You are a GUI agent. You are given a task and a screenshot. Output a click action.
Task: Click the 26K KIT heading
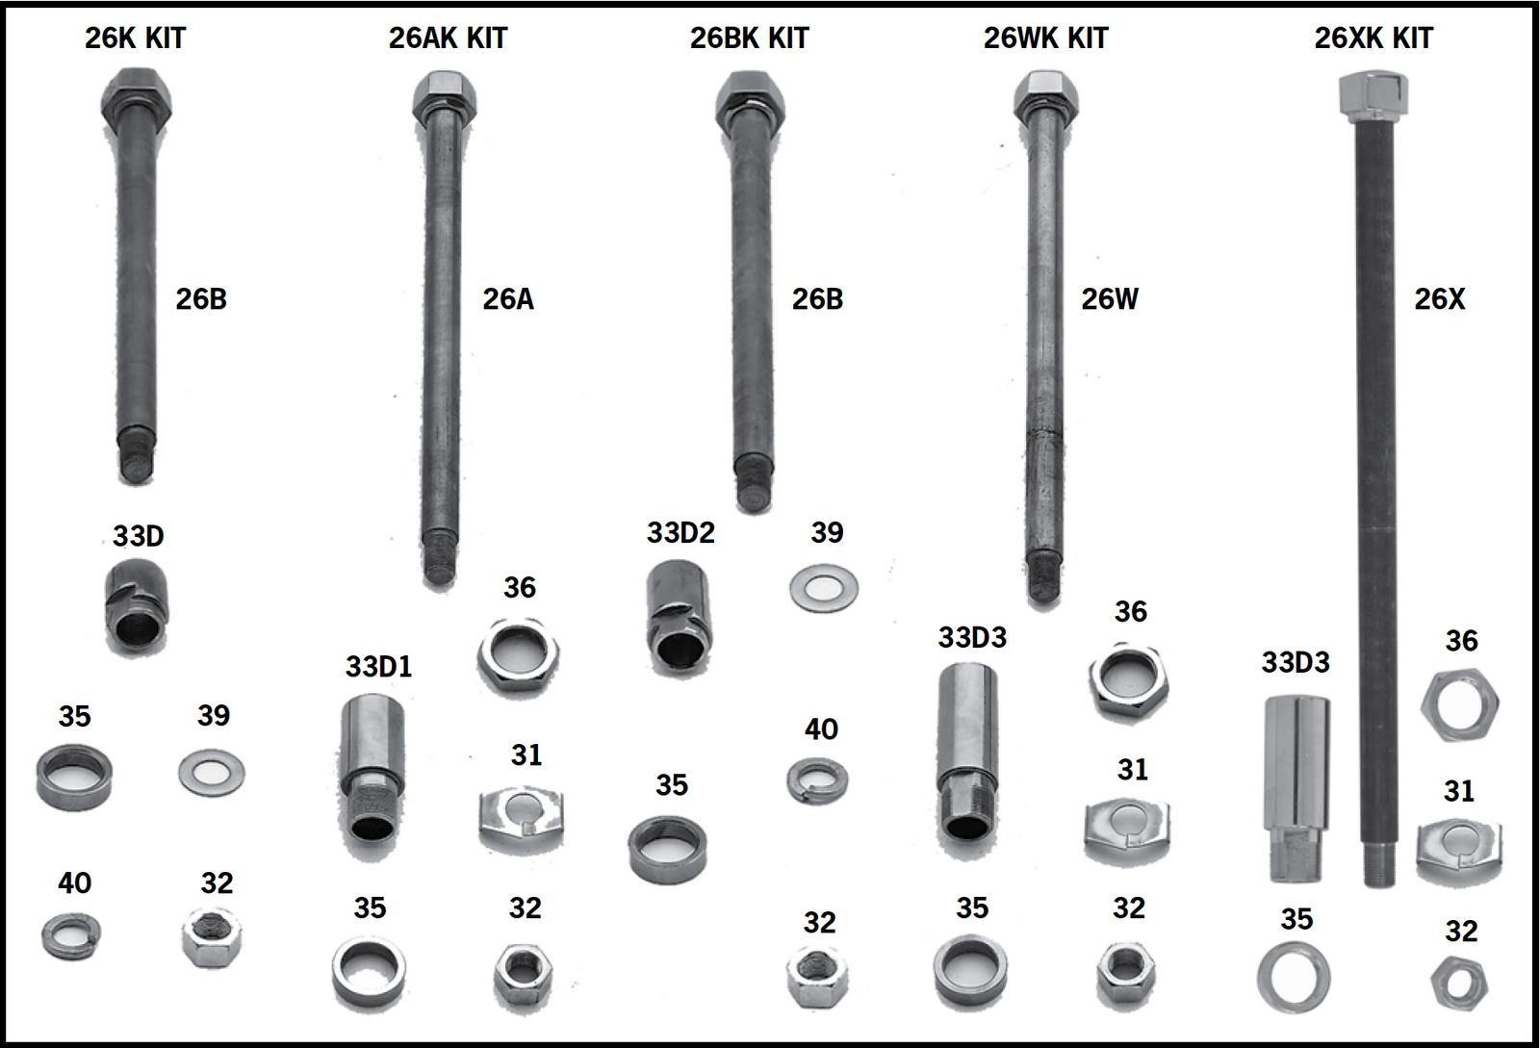point(135,38)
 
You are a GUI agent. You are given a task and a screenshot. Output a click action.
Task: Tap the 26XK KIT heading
point(1373,38)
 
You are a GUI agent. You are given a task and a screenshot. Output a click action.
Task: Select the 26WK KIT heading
point(1045,38)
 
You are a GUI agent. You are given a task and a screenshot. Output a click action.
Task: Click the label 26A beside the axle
point(507,299)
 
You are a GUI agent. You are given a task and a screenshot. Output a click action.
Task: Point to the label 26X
point(1439,299)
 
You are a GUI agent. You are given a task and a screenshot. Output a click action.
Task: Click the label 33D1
point(378,666)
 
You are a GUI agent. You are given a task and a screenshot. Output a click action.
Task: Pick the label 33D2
point(680,532)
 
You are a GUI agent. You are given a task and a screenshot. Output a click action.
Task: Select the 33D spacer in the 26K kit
point(137,607)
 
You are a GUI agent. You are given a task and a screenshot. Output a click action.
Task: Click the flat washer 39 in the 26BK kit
point(824,587)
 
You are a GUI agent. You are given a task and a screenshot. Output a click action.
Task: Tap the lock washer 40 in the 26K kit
point(71,935)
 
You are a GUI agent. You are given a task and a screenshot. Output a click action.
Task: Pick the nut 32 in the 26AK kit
point(523,974)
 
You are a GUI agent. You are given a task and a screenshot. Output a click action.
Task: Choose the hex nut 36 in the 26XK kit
point(1459,705)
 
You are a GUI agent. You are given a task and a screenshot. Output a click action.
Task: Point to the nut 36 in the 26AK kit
point(519,656)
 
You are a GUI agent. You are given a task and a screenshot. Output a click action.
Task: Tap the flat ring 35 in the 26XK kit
point(1294,978)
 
